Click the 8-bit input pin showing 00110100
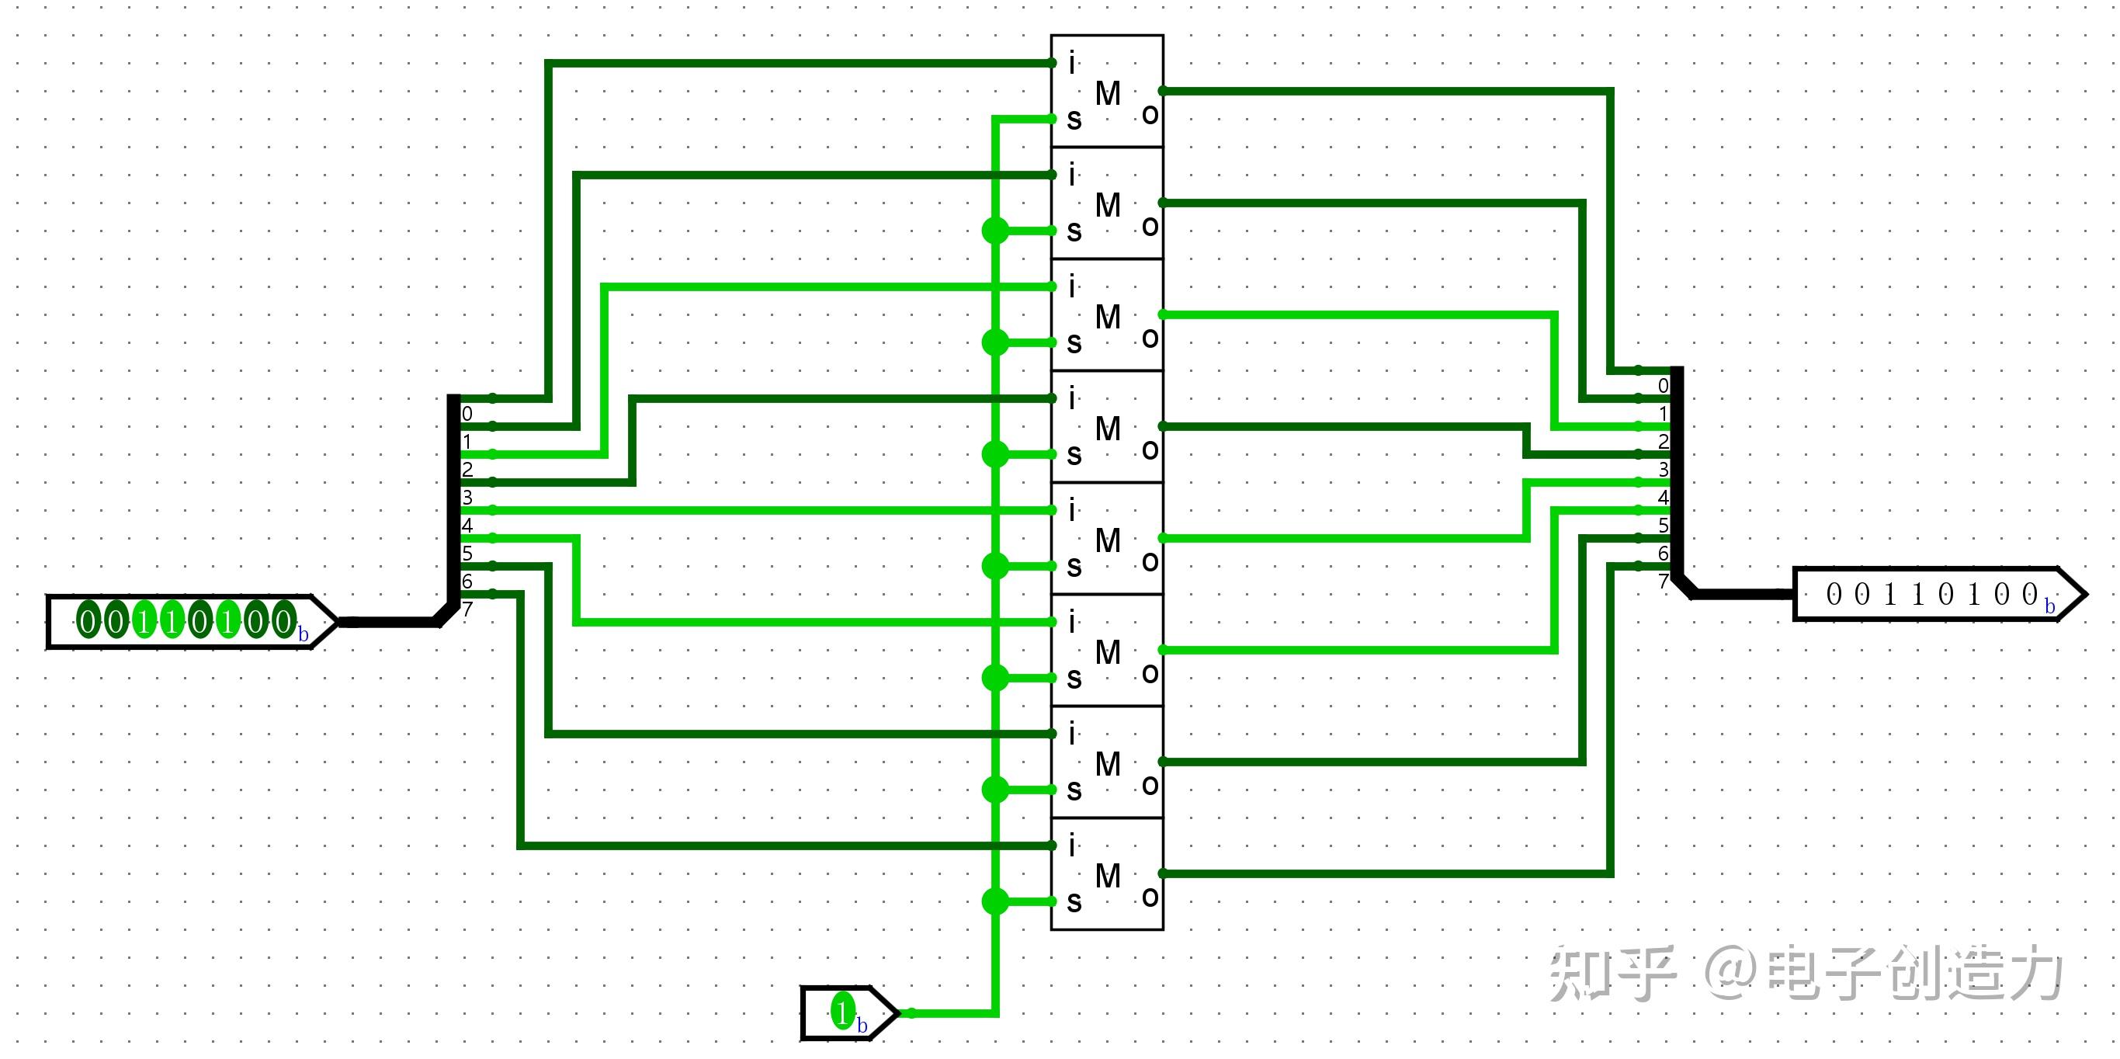coord(189,621)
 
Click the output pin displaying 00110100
coord(1934,594)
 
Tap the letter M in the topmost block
coord(1108,94)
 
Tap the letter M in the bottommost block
coord(1108,877)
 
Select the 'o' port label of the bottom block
coord(1150,897)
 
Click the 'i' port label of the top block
coord(1071,64)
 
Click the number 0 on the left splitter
coord(467,414)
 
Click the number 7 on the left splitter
coord(467,609)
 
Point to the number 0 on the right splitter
coord(1664,386)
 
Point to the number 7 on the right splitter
coord(1664,582)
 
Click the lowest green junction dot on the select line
coord(995,902)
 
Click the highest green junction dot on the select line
coord(995,231)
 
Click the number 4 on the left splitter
coord(467,526)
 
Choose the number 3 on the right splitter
coord(1664,470)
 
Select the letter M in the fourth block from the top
coord(1108,429)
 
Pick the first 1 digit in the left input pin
coord(144,621)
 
